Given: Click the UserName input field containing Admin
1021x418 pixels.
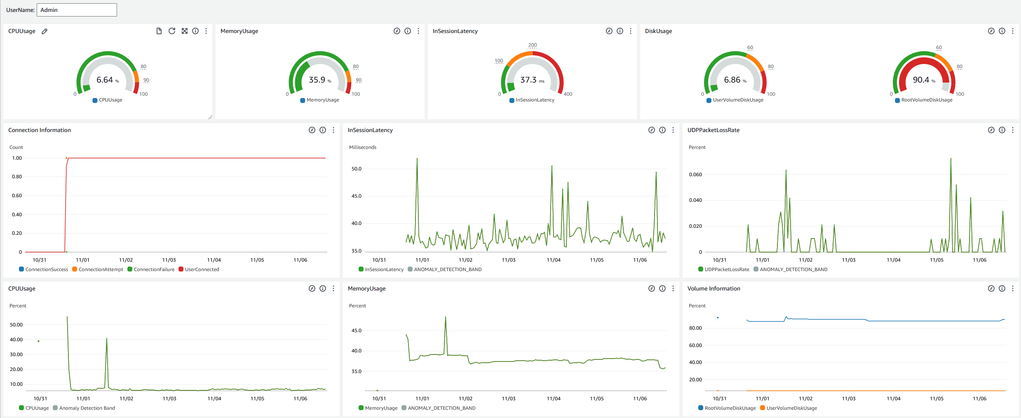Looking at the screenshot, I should pos(77,10).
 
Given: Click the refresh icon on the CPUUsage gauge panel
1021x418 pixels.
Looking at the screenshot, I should pos(172,31).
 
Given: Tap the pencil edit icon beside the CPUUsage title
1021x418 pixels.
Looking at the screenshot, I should pos(45,31).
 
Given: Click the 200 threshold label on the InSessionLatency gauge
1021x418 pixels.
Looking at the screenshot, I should pos(533,45).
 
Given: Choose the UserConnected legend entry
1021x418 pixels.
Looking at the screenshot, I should pos(202,269).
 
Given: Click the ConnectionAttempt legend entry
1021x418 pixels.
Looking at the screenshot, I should pos(101,269).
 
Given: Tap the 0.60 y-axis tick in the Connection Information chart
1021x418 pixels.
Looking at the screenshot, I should pos(17,196).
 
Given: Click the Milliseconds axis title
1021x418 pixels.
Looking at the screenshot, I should pos(363,147).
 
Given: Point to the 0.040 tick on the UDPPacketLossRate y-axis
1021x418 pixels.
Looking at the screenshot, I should pos(695,200).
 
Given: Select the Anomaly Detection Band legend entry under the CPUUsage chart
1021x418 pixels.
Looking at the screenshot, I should pos(87,408).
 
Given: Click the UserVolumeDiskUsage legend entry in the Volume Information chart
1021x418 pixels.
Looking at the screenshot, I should pos(791,408).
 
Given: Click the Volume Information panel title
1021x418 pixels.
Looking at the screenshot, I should pos(714,288).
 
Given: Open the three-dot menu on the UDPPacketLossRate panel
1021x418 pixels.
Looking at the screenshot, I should pos(1013,130).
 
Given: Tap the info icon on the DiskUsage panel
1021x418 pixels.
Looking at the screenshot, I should pos(1002,31).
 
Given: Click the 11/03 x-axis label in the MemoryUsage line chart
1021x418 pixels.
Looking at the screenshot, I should pos(509,399).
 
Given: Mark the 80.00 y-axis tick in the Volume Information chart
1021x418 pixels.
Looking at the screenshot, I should pos(695,328).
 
